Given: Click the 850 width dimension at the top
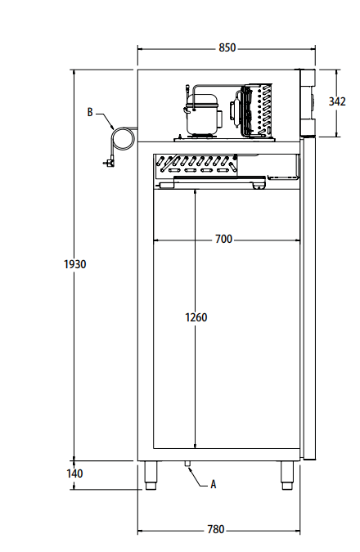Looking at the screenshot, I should click(x=227, y=48).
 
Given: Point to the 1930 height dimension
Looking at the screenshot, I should click(x=74, y=264).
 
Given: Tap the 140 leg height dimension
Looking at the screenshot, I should click(x=74, y=473).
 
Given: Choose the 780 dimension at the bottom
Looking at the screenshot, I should click(x=215, y=530).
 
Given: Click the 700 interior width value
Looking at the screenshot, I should click(x=223, y=240).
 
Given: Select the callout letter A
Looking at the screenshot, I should click(x=214, y=484).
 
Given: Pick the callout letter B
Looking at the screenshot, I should click(x=90, y=112).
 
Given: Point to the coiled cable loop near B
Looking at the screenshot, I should click(x=123, y=137).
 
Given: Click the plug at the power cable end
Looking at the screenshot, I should click(x=106, y=163).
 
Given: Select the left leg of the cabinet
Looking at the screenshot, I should click(x=151, y=474).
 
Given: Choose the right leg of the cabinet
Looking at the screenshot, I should click(x=287, y=474).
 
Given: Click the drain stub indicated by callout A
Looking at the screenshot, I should click(x=187, y=464).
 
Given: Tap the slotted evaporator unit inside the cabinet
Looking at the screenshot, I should click(x=196, y=165).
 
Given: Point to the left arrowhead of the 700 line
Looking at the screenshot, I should click(x=156, y=240).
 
